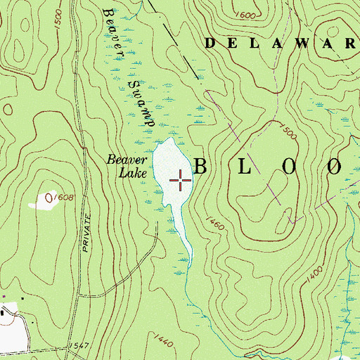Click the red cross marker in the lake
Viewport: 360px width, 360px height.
[x=181, y=181]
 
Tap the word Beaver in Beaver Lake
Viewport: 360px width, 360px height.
[x=122, y=160]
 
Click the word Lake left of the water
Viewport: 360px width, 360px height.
[x=122, y=174]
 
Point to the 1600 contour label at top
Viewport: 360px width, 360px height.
[x=246, y=15]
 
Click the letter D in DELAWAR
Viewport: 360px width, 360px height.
[x=210, y=43]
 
